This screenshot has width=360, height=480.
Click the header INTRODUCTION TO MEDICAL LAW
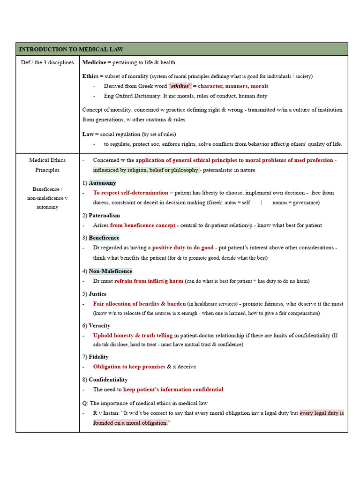coord(71,49)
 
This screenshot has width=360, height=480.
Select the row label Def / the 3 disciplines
coord(47,62)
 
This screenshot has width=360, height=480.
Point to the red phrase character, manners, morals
coord(233,86)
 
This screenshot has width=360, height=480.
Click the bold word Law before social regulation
coord(88,134)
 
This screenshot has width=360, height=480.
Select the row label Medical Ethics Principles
coord(47,165)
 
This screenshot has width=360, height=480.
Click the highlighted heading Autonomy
coord(102,183)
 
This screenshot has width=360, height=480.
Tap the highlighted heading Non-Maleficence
coord(110,271)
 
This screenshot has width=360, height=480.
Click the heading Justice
coord(97,294)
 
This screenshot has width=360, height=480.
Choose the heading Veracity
coord(99,325)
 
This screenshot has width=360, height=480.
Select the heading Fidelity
coord(98,357)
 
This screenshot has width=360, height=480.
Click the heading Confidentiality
coord(108,379)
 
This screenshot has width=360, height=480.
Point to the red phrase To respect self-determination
coord(130,193)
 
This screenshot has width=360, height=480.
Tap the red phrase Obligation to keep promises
coord(129,367)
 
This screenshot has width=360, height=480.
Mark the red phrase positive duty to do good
coord(183,247)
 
